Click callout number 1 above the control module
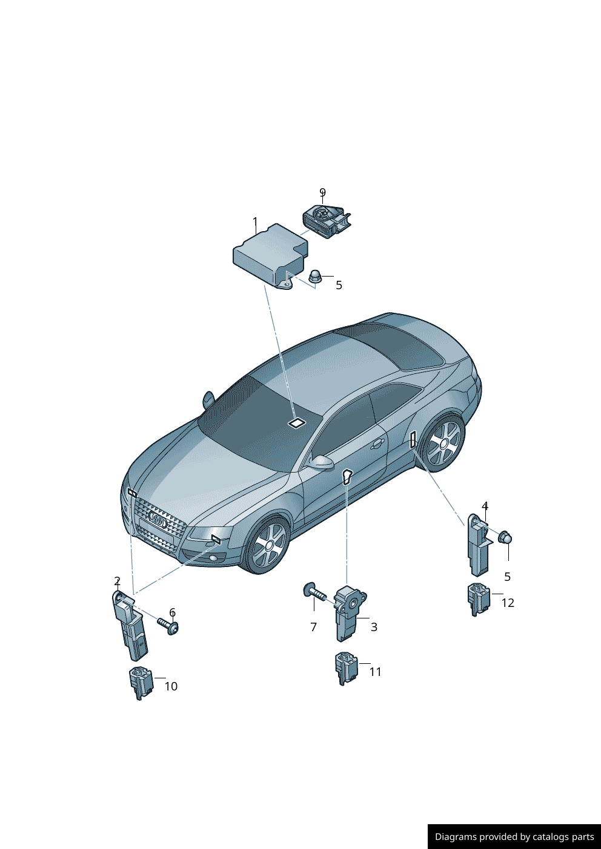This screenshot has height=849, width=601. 255,222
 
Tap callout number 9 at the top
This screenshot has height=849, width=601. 322,192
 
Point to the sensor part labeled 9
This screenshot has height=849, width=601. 326,221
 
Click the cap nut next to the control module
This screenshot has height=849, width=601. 314,277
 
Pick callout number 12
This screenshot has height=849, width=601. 508,603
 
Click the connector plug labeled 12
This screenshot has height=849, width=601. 479,598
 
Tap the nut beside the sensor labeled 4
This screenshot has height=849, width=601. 505,537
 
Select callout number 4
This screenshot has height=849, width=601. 485,506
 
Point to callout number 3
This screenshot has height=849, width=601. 374,627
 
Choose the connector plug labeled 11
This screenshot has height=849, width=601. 346,667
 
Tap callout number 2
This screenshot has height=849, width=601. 117,582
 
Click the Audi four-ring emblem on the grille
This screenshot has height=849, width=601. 158,520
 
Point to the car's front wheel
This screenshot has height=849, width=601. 268,545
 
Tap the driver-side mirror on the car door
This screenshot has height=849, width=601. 320,463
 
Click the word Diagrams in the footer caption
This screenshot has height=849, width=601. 455,837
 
